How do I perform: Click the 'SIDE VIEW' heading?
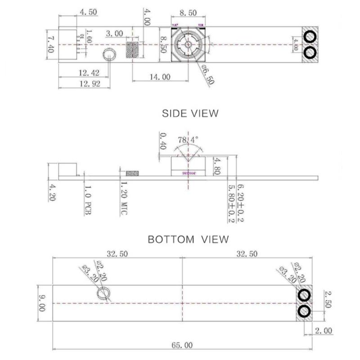tap(190, 113)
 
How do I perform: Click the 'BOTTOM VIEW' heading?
tap(188, 239)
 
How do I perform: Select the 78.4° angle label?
tap(188, 140)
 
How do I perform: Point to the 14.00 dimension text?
tap(160, 77)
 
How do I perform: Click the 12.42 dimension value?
tap(88, 72)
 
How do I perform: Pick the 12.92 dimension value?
tap(88, 84)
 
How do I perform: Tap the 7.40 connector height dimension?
tap(51, 44)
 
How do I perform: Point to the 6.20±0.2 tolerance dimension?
tap(240, 202)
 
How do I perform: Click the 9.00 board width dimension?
tap(42, 303)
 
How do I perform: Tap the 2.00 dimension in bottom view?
tap(323, 331)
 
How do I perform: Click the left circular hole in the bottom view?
tap(103, 294)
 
